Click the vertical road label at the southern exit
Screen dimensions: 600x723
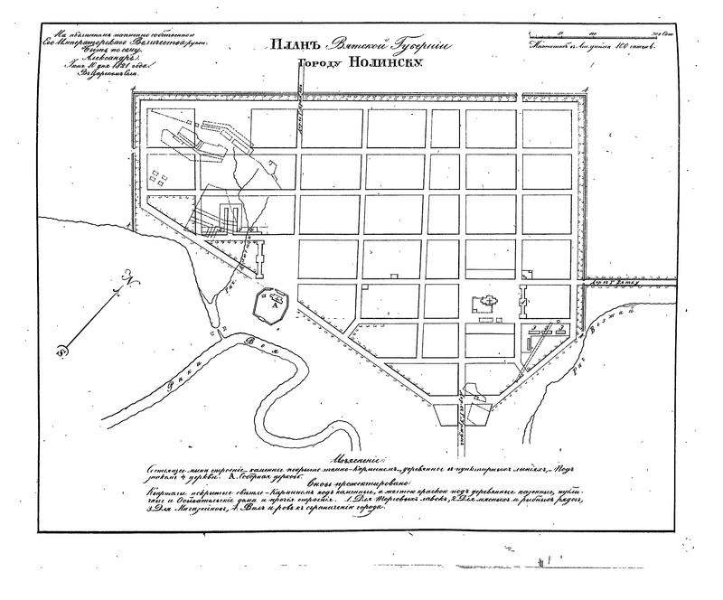point(463,406)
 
